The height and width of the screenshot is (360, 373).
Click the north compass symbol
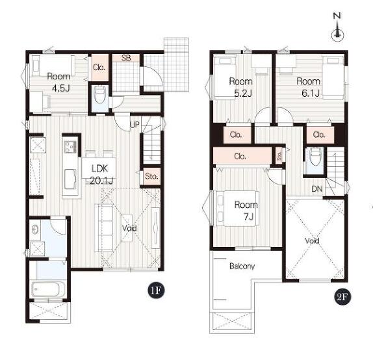coord(337,27)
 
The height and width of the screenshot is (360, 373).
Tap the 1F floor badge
coord(156,290)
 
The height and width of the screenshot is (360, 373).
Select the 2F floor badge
coord(342,296)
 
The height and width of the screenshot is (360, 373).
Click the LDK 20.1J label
coord(101,175)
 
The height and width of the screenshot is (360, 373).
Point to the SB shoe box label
coord(126,58)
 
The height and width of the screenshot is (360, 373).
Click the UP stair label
coord(135,125)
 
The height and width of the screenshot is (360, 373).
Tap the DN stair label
coord(317,189)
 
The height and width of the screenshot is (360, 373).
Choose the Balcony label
coord(242,266)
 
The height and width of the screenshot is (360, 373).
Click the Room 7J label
coord(246,211)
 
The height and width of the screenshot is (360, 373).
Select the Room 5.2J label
coord(240,87)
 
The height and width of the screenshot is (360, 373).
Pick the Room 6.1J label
coord(309,87)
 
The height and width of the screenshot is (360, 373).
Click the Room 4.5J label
coord(59,83)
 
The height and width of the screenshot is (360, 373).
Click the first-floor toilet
coord(100,95)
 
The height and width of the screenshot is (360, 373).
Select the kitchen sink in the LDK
coord(70,179)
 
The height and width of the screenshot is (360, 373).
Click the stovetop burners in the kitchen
coord(70,147)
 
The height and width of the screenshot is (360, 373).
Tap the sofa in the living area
coord(104,227)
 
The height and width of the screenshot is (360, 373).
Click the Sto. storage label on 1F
coord(151,176)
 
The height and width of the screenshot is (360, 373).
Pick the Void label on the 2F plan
coord(312,240)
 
